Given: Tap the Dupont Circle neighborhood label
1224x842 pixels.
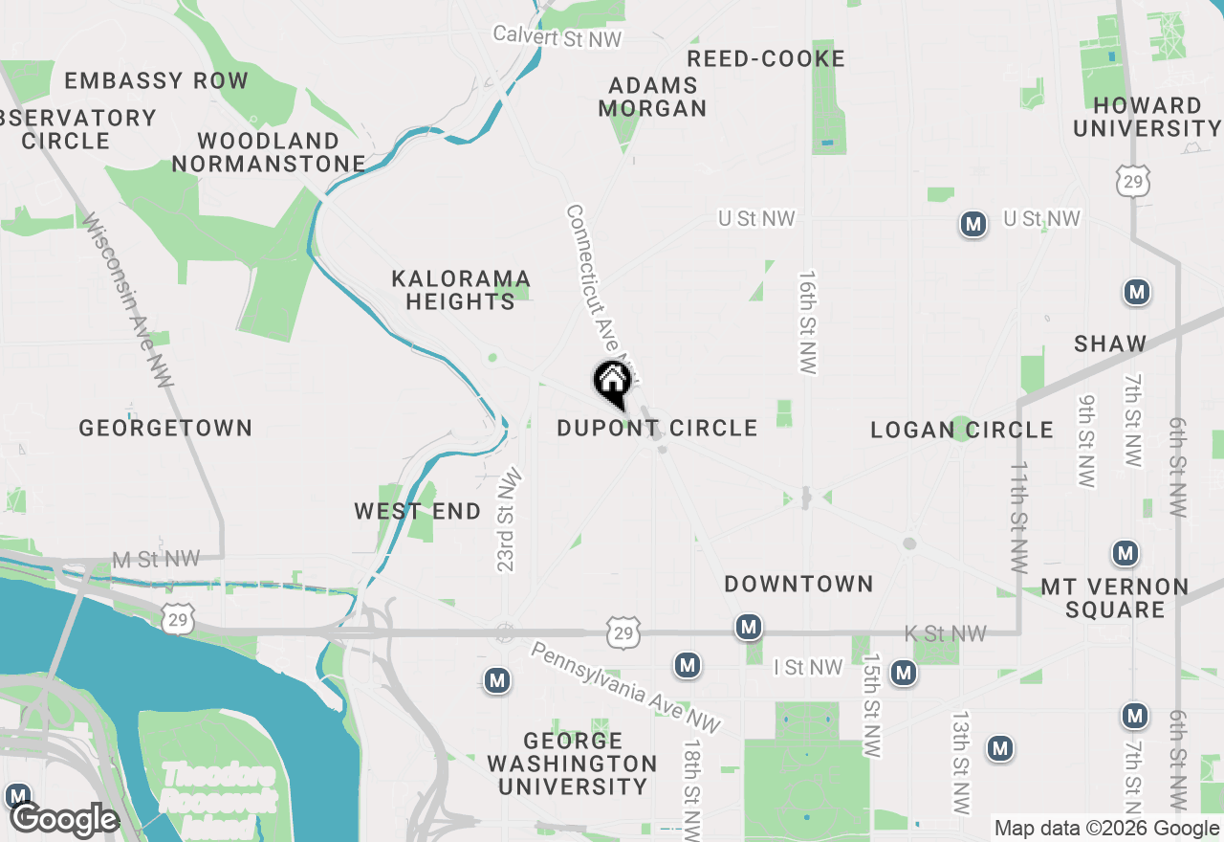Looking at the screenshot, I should pyautogui.click(x=657, y=428).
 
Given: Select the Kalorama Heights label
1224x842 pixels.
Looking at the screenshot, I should pyautogui.click(x=460, y=290).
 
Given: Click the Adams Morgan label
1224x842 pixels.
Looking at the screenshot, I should pyautogui.click(x=653, y=97).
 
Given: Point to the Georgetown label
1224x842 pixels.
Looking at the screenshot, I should pyautogui.click(x=165, y=428).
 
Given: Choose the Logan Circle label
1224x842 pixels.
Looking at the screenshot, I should pyautogui.click(x=961, y=430).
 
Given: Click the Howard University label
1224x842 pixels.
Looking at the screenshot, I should pyautogui.click(x=1147, y=117).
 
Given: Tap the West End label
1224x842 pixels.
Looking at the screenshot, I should pyautogui.click(x=418, y=512).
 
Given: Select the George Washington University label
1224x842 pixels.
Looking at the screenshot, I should pyautogui.click(x=572, y=764).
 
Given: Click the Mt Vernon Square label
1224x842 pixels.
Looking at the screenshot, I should pyautogui.click(x=1114, y=598).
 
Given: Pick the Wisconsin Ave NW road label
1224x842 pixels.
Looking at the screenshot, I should pyautogui.click(x=128, y=299).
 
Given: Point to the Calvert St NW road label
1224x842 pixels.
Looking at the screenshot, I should pyautogui.click(x=557, y=36).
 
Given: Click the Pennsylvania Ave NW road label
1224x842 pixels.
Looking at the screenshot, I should pyautogui.click(x=625, y=688).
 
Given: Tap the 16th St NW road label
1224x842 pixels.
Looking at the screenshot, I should pyautogui.click(x=809, y=321).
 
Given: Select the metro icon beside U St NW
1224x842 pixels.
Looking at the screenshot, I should pyautogui.click(x=973, y=225).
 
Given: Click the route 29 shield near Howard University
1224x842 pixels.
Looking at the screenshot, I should pyautogui.click(x=1132, y=181).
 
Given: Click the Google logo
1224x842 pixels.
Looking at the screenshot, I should pyautogui.click(x=65, y=820).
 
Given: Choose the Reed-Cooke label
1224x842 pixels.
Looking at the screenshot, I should pyautogui.click(x=766, y=59).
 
